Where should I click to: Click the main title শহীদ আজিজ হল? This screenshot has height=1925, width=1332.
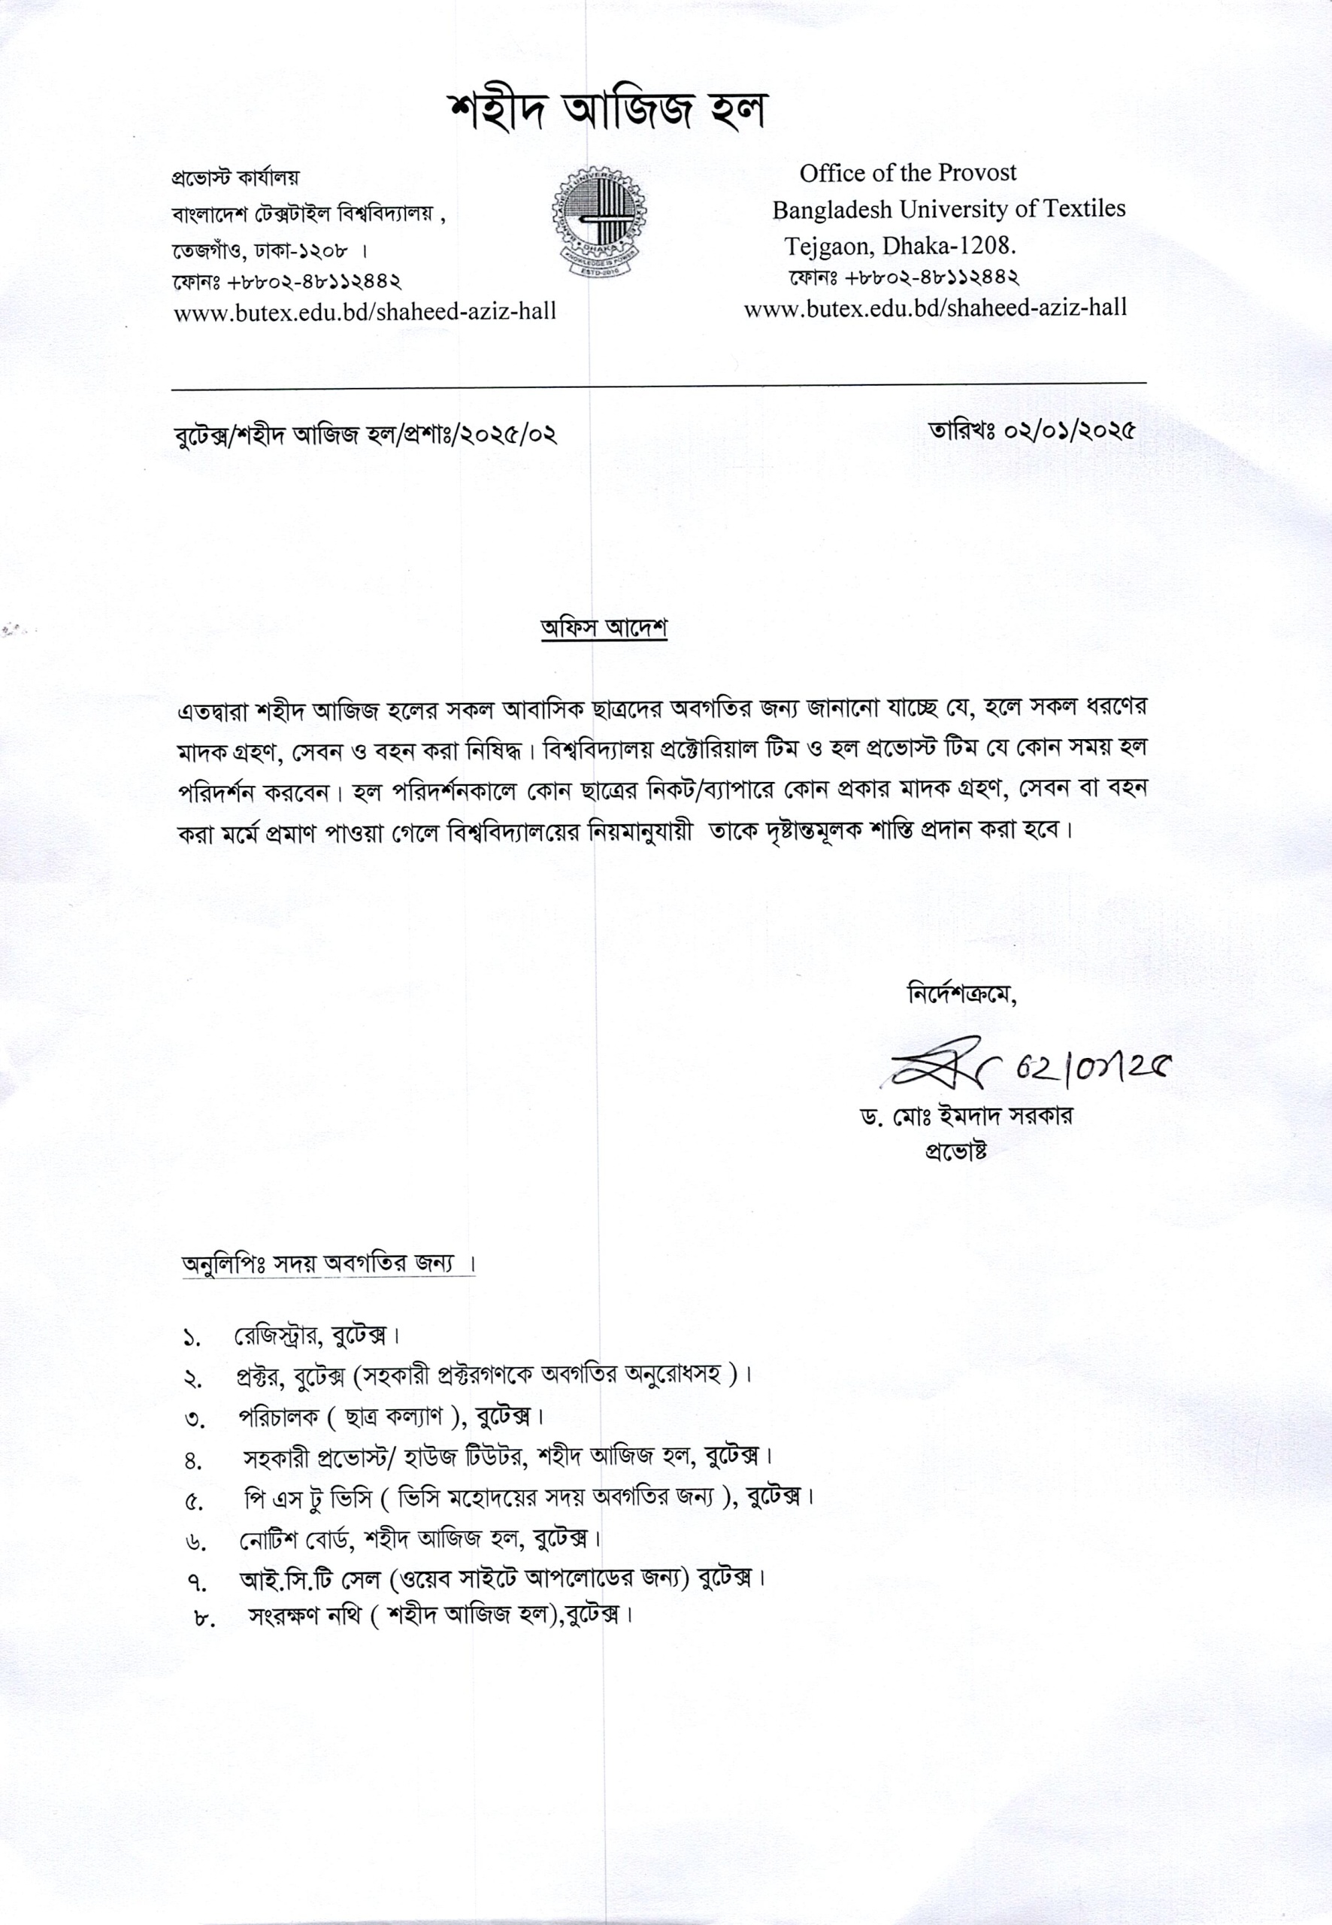(607, 111)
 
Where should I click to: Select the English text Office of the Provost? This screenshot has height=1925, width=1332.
(907, 173)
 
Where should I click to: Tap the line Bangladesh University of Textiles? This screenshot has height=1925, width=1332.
(948, 209)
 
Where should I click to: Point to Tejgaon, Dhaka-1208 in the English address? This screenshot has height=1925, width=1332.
(899, 245)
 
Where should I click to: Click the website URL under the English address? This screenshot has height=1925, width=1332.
(935, 308)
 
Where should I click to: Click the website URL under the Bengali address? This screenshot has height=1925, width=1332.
(365, 311)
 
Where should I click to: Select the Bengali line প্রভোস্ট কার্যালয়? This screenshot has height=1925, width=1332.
(235, 177)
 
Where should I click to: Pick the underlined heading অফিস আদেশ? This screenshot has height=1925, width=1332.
(604, 629)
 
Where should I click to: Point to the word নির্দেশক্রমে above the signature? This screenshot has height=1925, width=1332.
(961, 995)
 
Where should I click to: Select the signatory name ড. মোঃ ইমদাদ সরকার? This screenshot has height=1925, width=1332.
(967, 1115)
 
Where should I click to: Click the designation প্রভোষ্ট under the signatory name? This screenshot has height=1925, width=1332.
(956, 1150)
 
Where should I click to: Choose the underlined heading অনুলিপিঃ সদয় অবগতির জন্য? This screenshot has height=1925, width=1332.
(328, 1264)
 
